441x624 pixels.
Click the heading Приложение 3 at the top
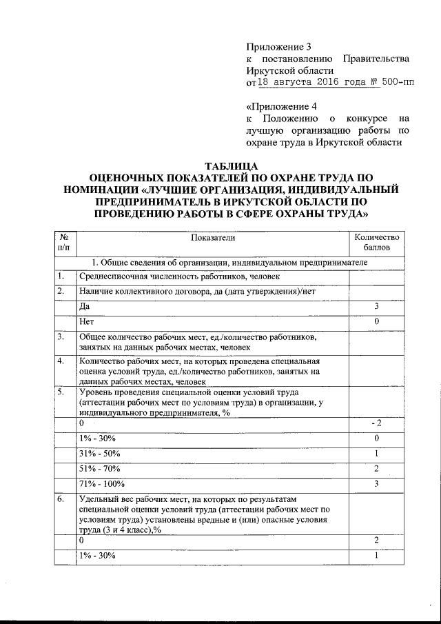279,48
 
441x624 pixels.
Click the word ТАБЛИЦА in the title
232,166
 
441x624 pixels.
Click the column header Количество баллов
377,242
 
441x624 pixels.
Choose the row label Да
85,305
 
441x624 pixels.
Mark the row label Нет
86,321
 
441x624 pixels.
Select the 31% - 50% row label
98,454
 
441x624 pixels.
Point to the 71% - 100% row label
100,484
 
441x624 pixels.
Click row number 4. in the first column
61,361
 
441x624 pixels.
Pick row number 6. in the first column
61,499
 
